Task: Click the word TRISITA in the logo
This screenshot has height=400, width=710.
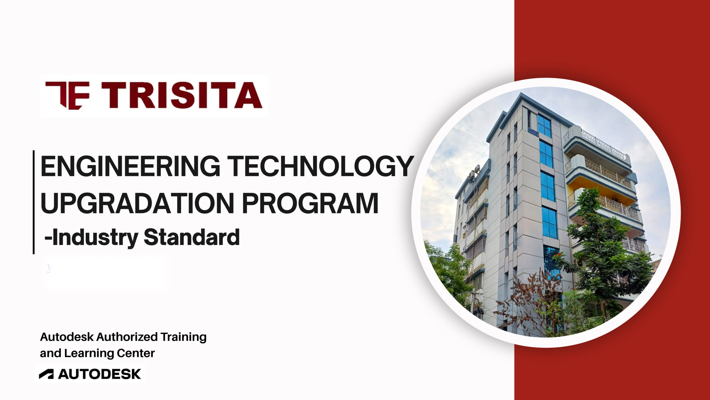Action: point(182,95)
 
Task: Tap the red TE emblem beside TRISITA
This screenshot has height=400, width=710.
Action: point(67,95)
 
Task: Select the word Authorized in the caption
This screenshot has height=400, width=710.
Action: point(127,337)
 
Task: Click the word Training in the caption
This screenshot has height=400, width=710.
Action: point(184,337)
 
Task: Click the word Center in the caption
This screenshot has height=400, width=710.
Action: point(136,353)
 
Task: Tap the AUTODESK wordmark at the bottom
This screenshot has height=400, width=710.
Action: point(100,374)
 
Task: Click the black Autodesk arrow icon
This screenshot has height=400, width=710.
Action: point(46,374)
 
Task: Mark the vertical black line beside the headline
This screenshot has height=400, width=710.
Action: point(34,202)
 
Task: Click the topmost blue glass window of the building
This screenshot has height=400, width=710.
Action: point(544,126)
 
